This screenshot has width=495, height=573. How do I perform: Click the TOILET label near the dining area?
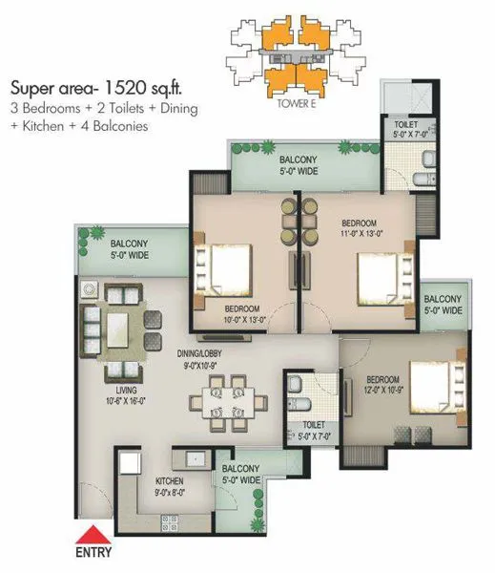pos(314,429)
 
